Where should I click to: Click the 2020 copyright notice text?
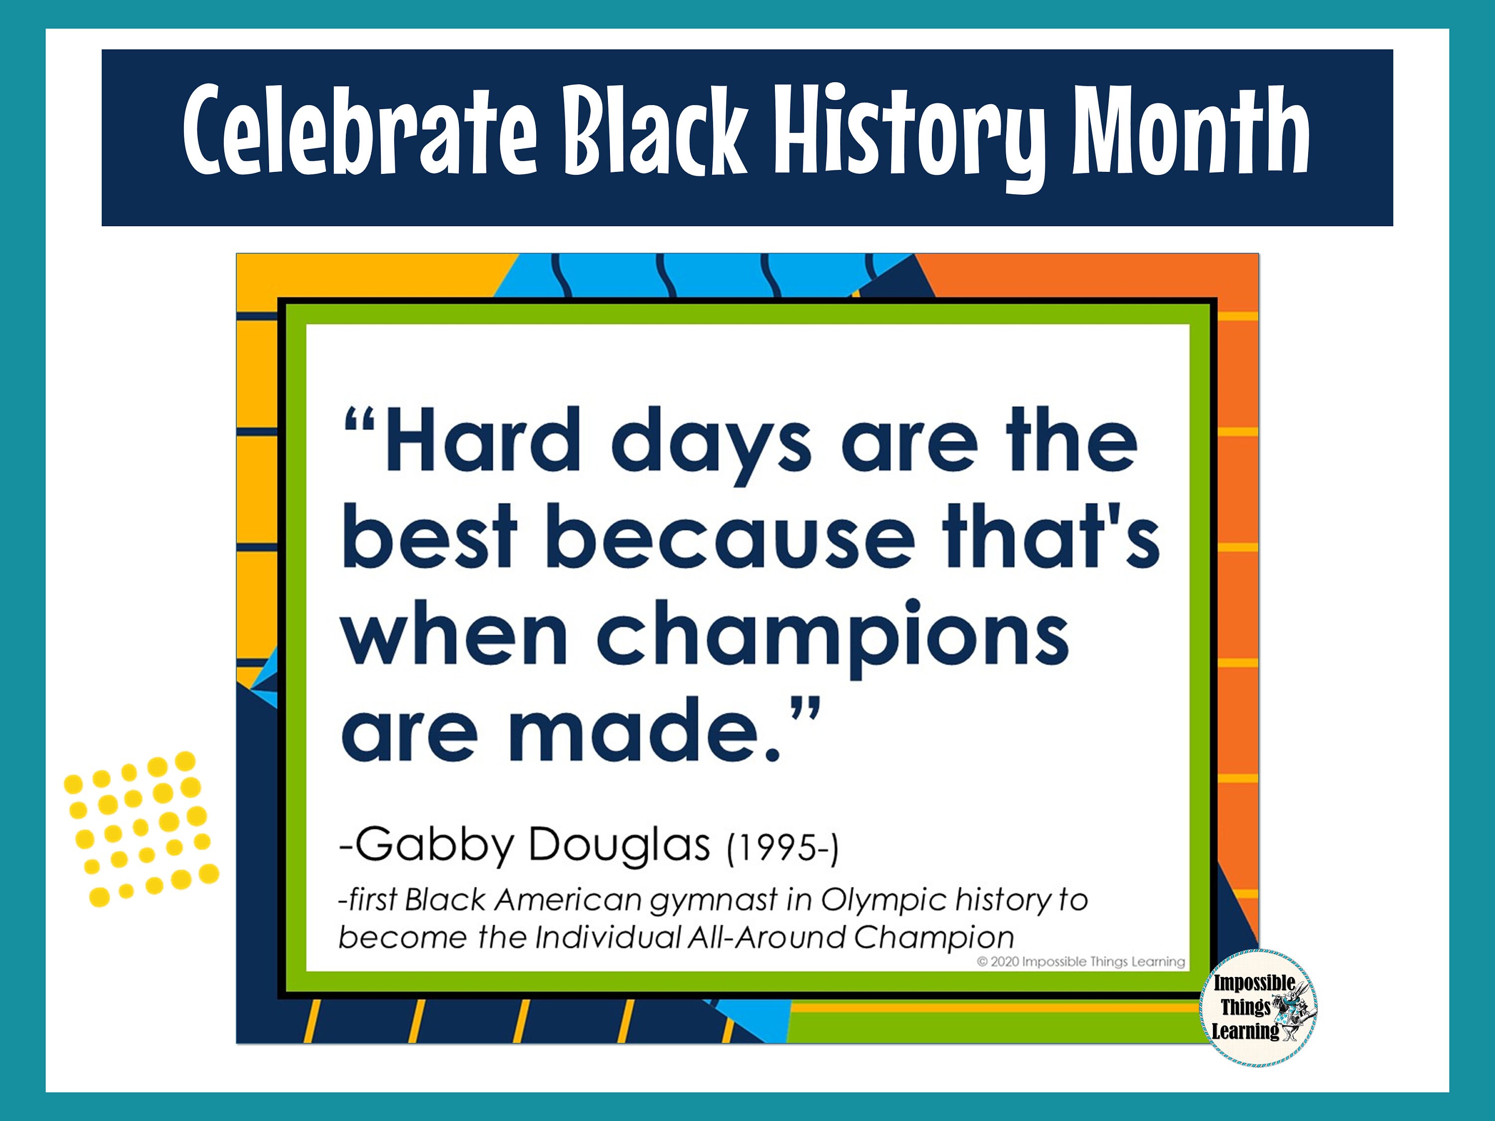pyautogui.click(x=1081, y=962)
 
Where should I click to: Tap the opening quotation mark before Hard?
pyautogui.click(x=360, y=425)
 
